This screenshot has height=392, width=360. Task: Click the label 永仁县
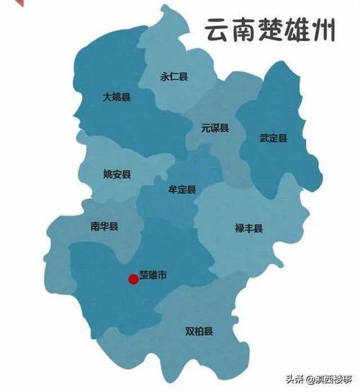click(174, 74)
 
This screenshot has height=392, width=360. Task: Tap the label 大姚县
click(116, 96)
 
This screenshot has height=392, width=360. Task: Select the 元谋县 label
click(215, 128)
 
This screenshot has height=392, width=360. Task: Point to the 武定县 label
click(274, 138)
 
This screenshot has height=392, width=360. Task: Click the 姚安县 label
click(117, 174)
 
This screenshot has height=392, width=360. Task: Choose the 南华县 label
click(104, 226)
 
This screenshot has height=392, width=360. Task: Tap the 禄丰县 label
click(248, 229)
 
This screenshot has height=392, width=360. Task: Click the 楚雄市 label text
click(153, 275)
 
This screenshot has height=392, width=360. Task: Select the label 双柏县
click(199, 332)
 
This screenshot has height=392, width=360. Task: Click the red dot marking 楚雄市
click(132, 279)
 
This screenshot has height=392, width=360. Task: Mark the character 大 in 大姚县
click(107, 96)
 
